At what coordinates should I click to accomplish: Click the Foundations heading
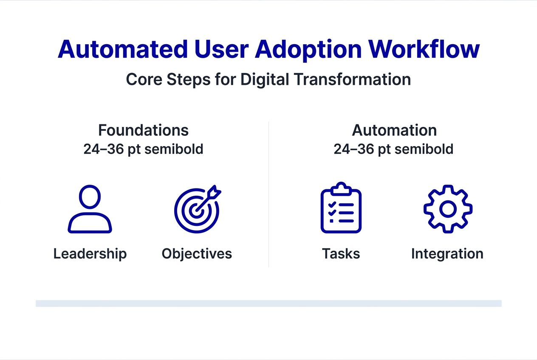pos(143,130)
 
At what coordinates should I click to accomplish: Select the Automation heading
pos(394,130)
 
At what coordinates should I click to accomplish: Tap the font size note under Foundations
pos(143,149)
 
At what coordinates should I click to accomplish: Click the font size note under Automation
pos(393,149)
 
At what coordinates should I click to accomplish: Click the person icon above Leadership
pos(90,209)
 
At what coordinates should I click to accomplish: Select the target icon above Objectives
pos(197,210)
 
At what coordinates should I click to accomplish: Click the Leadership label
pos(90,254)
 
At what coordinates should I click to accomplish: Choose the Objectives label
pos(197,254)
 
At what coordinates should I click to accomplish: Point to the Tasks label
pos(341,254)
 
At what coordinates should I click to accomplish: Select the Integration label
pos(447,254)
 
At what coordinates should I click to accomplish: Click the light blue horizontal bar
pos(268,304)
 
